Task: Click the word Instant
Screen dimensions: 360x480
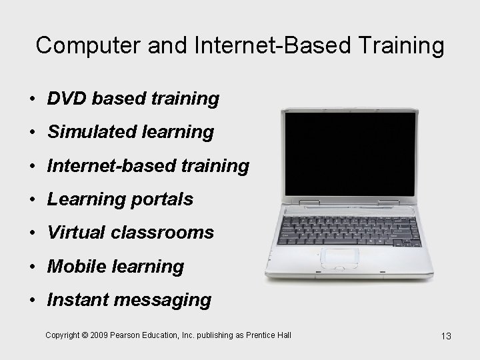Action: point(77,300)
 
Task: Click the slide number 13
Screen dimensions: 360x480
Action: point(446,336)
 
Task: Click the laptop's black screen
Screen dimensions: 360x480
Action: point(349,153)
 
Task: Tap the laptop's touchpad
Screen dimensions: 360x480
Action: point(340,257)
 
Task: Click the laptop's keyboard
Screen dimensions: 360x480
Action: point(349,229)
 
